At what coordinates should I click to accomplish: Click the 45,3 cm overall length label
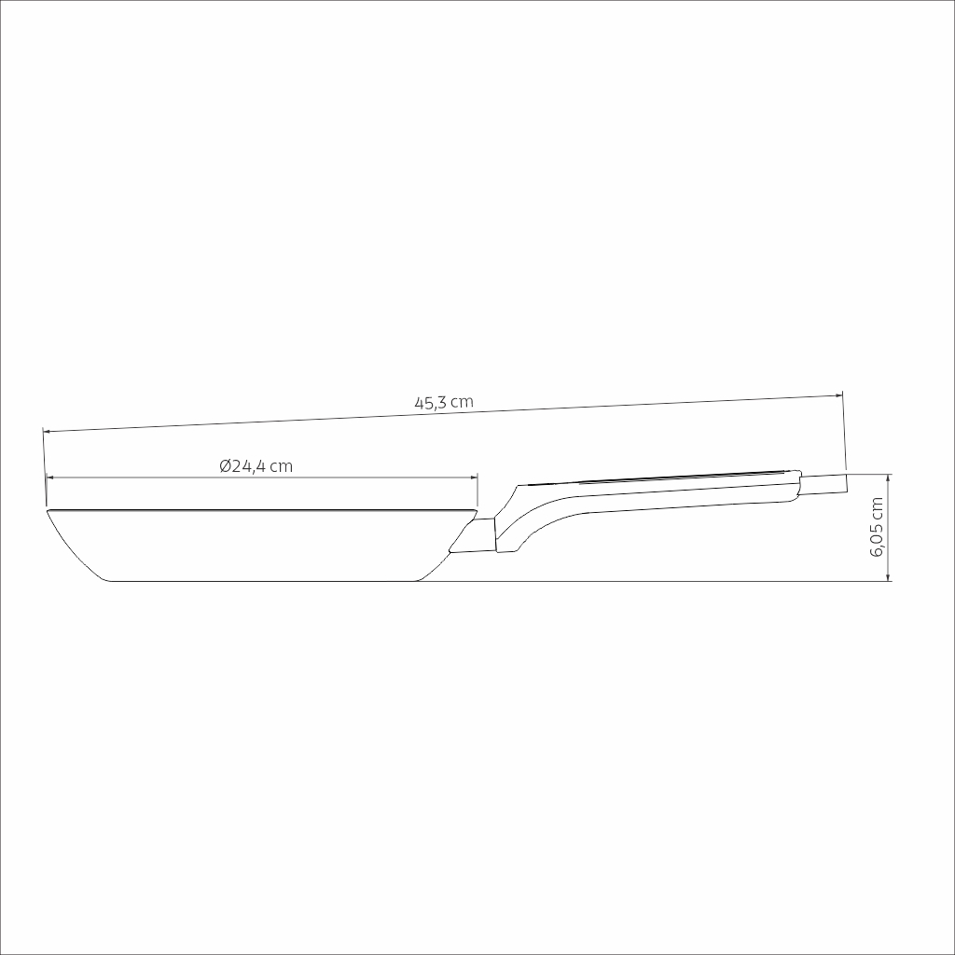tap(443, 403)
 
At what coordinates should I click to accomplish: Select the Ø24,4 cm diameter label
tap(256, 466)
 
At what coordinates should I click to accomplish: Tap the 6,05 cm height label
tap(877, 527)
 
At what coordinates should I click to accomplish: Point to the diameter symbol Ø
tap(225, 466)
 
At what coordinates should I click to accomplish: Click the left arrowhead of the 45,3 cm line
tap(47, 431)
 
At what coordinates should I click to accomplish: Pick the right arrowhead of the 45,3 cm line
tap(839, 395)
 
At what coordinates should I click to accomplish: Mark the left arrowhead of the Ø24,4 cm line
tap(50, 477)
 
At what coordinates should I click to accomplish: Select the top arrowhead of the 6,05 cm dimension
tap(889, 477)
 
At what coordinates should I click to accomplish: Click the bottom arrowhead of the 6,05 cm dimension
tap(889, 576)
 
